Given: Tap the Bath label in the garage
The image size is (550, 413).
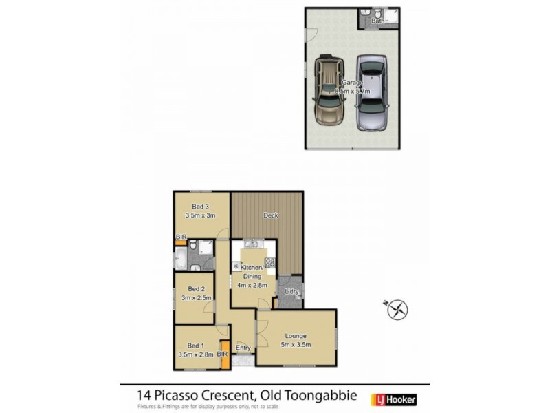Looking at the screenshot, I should pyautogui.click(x=377, y=21).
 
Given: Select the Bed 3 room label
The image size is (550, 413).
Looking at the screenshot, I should pyautogui.click(x=200, y=206).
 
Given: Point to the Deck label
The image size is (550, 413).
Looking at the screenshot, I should pyautogui.click(x=271, y=215).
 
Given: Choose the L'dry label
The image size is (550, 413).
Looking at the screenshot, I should pyautogui.click(x=291, y=293).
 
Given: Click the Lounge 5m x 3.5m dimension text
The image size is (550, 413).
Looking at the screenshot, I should pyautogui.click(x=297, y=345).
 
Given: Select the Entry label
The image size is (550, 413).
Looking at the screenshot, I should pyautogui.click(x=243, y=348).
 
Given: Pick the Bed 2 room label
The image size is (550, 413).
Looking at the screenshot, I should pyautogui.click(x=196, y=289).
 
